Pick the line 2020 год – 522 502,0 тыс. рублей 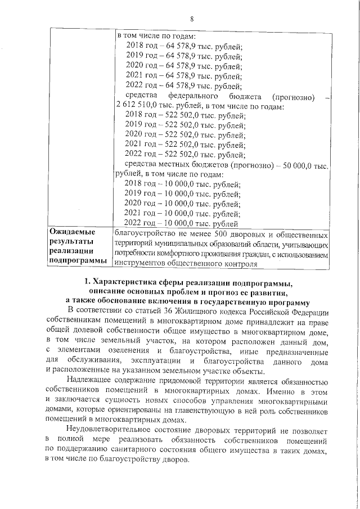coord(185,135)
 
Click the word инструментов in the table coord(140,263)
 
